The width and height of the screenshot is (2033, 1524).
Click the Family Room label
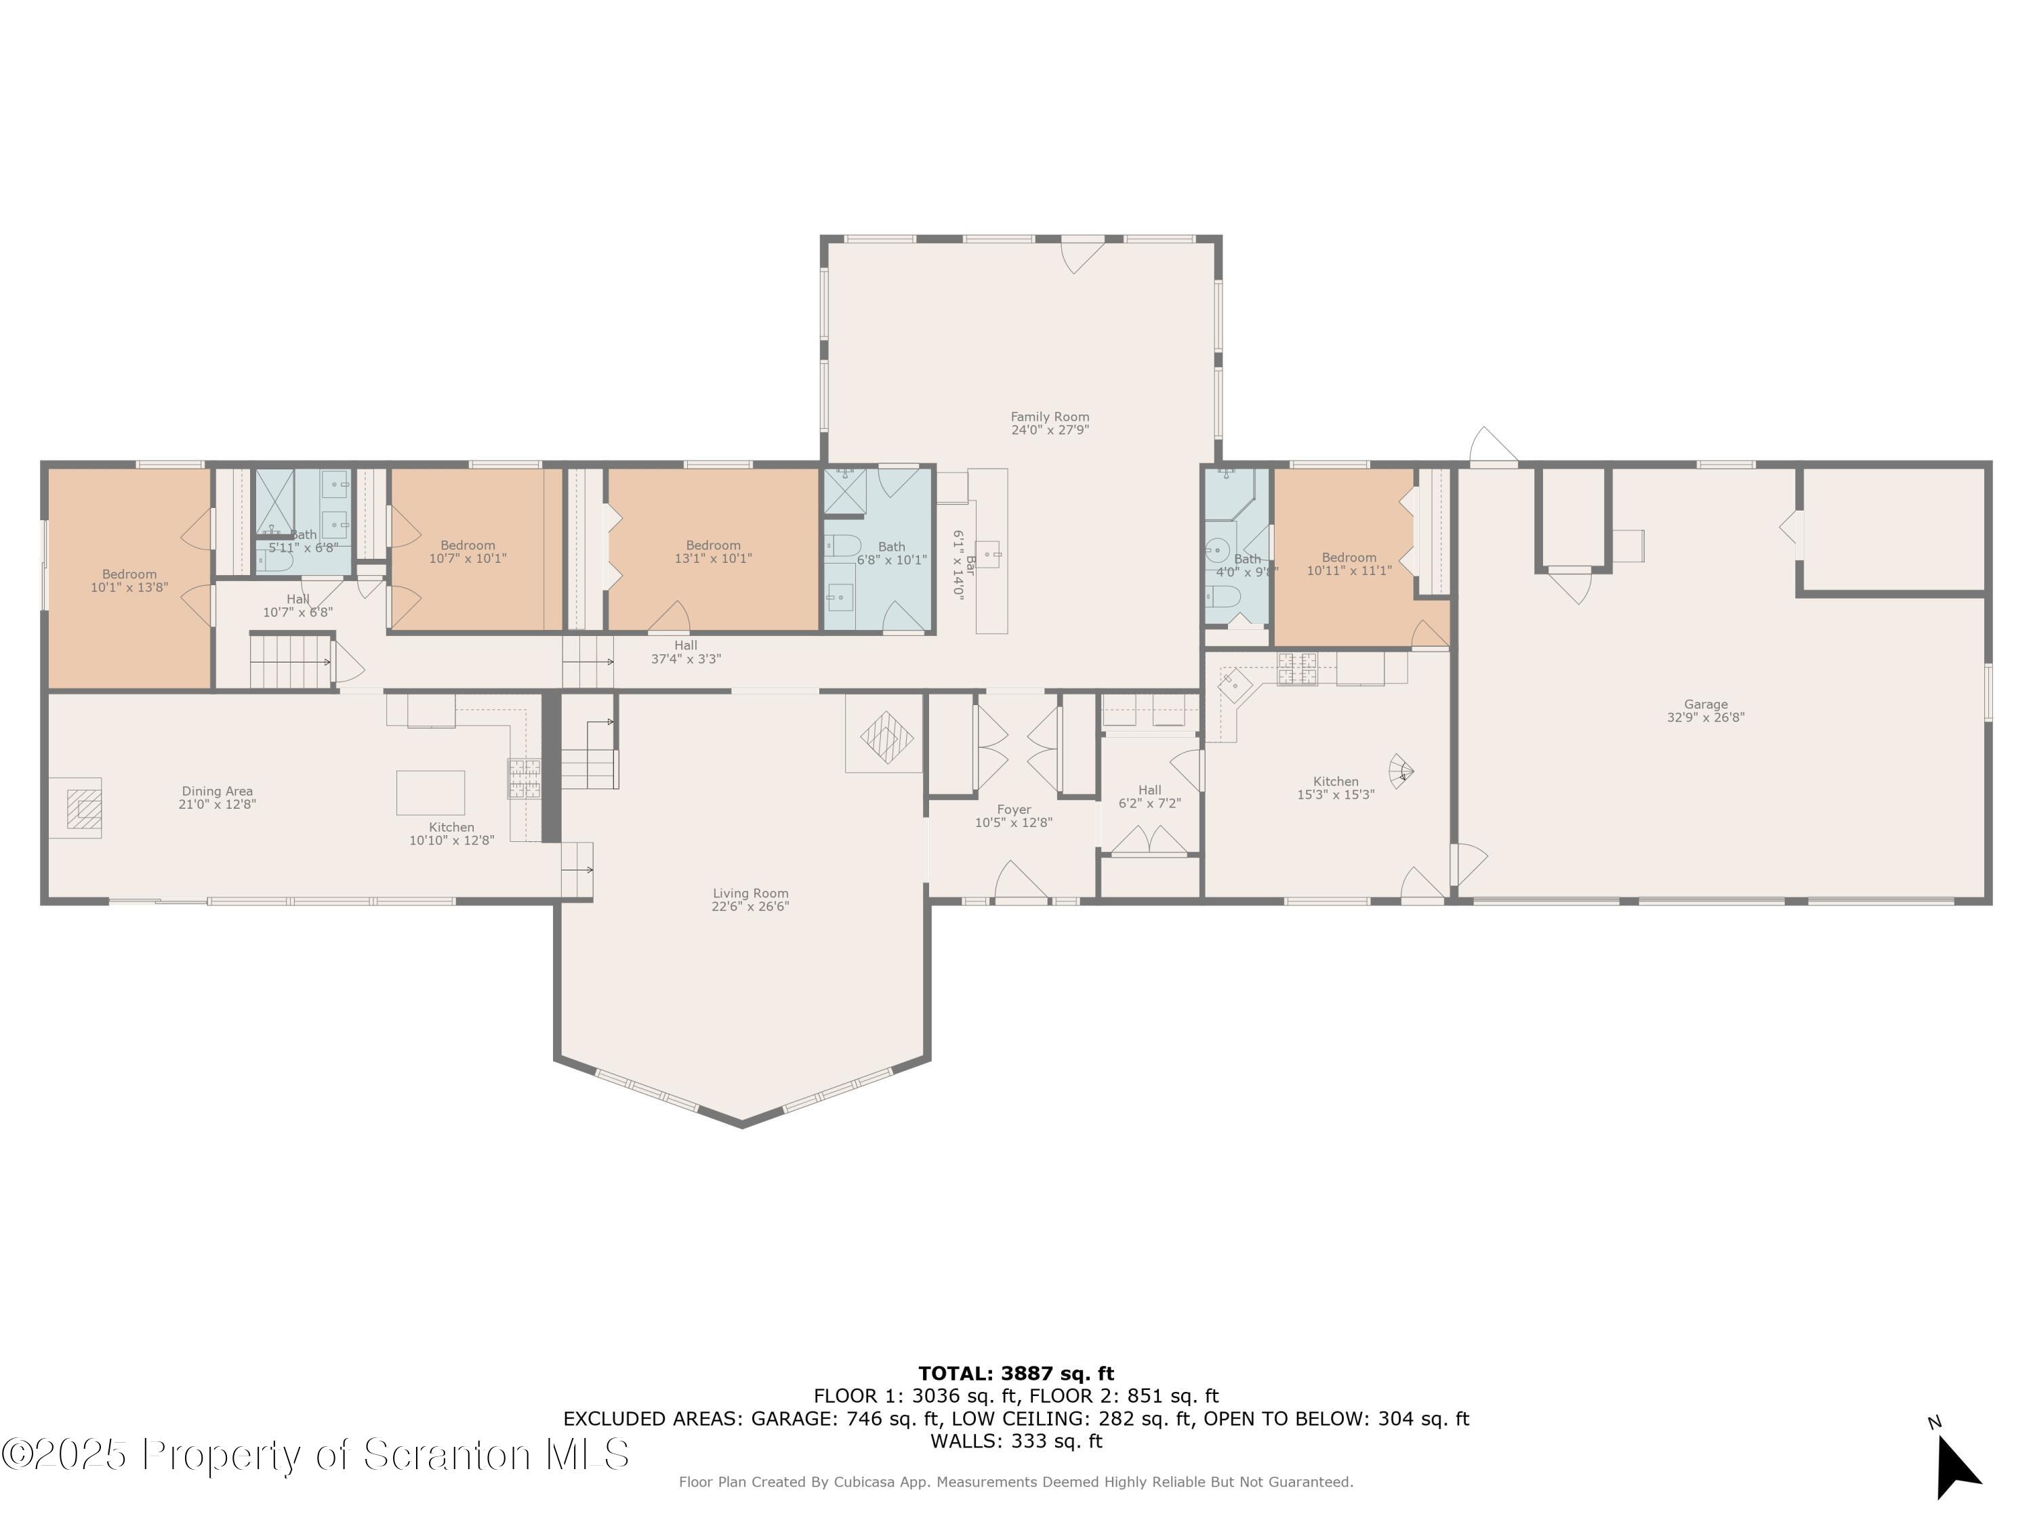point(1050,423)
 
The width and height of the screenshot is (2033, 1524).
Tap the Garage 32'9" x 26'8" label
point(1705,711)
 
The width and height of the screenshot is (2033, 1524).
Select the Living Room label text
point(750,899)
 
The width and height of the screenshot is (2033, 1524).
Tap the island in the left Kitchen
point(430,792)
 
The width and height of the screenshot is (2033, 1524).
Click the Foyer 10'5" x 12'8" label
point(1013,816)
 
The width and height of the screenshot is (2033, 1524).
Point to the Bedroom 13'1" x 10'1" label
point(713,551)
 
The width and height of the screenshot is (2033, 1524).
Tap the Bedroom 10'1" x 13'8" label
point(129,580)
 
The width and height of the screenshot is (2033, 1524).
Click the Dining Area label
point(217,797)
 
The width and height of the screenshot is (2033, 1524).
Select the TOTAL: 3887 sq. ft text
point(1016,1374)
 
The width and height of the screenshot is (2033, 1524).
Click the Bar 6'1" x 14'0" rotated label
point(962,564)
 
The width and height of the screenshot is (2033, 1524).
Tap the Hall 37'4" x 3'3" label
point(686,652)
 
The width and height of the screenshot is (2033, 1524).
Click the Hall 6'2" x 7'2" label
point(1149,797)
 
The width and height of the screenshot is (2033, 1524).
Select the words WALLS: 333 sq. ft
point(1016,1441)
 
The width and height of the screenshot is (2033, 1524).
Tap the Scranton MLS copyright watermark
point(315,1454)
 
